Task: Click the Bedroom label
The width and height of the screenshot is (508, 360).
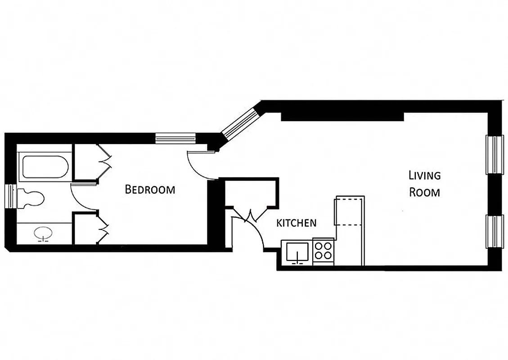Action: (149, 189)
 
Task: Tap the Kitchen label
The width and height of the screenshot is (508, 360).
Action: (296, 223)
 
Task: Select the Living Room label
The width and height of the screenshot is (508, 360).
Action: (424, 184)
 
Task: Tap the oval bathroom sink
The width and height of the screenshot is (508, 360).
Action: (44, 234)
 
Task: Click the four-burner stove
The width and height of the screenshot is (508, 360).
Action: (323, 251)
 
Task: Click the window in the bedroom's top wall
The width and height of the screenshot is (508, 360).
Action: (175, 138)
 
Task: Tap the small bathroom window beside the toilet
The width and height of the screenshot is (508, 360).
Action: (9, 197)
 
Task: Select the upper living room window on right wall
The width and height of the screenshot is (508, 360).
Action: (495, 154)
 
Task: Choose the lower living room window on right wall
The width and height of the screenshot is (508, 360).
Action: (495, 231)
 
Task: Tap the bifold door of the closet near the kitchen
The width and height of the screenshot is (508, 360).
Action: (250, 216)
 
